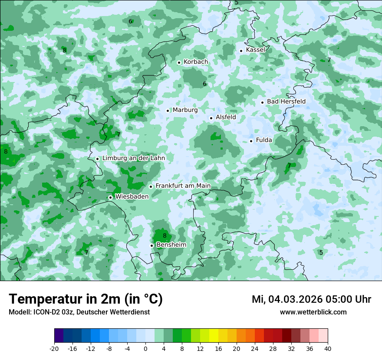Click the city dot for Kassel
click(241, 51)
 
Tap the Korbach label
click(196, 62)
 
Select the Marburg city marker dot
click(168, 111)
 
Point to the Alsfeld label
click(226, 117)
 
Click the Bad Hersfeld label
click(286, 101)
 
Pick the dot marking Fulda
click(251, 141)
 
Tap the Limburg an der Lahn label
click(133, 158)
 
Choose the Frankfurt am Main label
click(183, 186)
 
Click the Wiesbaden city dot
click(111, 197)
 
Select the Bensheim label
click(171, 245)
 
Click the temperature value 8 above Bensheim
click(165, 236)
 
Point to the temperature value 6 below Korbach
click(204, 84)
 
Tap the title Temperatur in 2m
click(86, 299)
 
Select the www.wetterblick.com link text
click(313, 312)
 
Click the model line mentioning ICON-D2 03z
click(79, 312)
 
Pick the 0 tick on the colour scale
click(145, 349)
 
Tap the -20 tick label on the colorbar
click(54, 349)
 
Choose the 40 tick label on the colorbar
click(328, 349)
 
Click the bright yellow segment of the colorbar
click(214, 336)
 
